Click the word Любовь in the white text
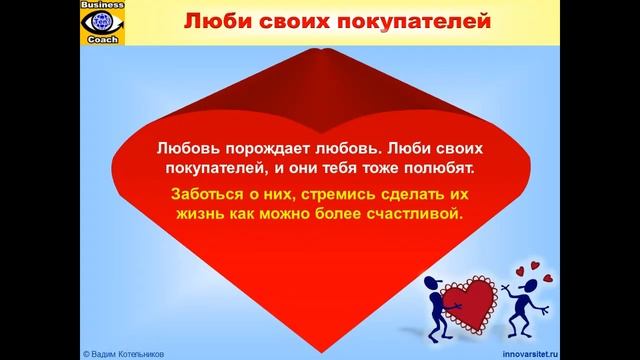click(189, 146)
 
